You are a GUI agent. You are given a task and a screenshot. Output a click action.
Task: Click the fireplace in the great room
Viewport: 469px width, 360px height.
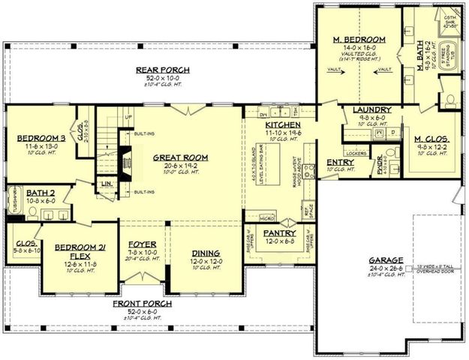click(125, 158)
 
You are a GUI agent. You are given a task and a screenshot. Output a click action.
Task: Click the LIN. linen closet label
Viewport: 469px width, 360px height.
click(107, 183)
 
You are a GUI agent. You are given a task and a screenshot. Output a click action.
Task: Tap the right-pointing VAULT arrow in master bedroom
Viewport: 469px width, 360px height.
click(385, 70)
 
